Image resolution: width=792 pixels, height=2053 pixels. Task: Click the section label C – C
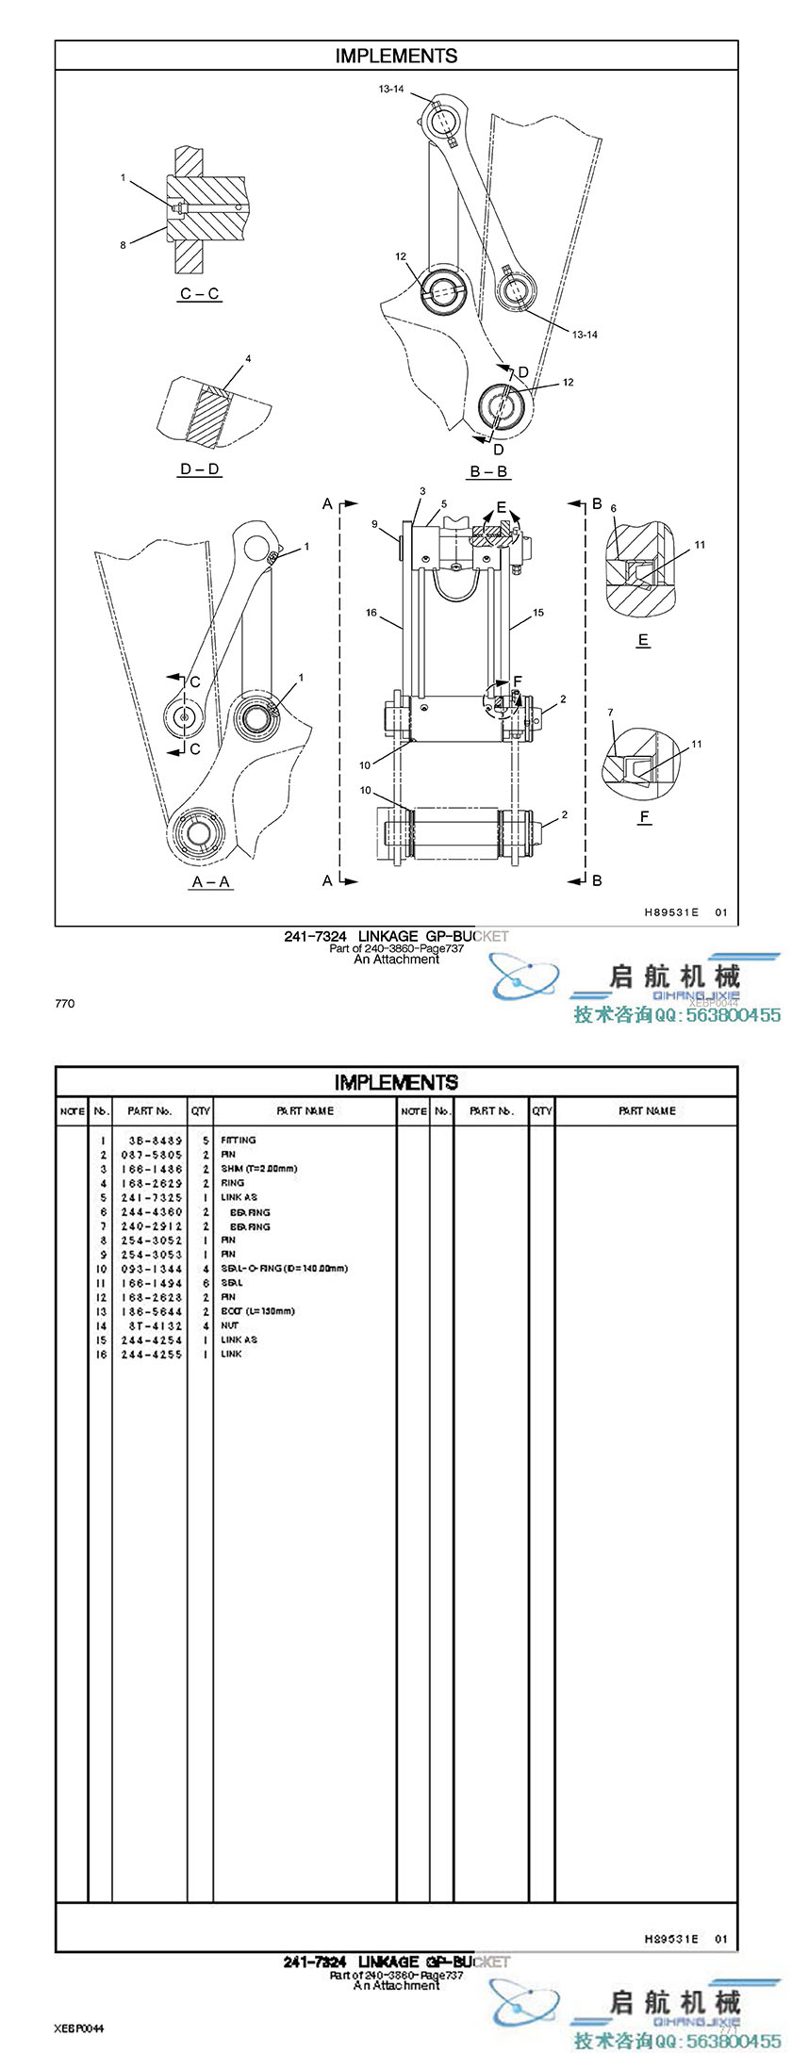tap(200, 294)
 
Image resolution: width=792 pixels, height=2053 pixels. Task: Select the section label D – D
tap(200, 468)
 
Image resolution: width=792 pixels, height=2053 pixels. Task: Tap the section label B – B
tap(488, 471)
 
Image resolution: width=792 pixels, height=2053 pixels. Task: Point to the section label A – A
tap(211, 882)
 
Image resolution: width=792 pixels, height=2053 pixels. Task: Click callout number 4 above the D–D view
tap(248, 359)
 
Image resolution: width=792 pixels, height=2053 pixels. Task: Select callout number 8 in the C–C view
tap(123, 245)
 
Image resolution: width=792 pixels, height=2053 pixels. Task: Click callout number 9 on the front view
tap(374, 524)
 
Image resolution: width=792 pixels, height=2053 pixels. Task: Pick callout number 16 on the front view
tap(371, 613)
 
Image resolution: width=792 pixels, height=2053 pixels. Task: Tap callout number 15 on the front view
tap(538, 613)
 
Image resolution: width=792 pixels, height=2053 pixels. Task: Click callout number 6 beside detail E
tap(614, 508)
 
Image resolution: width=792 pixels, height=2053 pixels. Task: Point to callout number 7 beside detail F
tap(610, 713)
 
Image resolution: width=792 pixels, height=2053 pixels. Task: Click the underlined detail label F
tap(645, 816)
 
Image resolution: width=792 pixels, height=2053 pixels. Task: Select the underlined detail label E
tap(643, 640)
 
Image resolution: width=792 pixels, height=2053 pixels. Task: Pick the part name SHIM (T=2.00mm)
tap(258, 1169)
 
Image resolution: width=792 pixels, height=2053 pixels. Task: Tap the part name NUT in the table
tap(229, 1325)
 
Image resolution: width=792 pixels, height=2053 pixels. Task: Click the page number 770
tap(64, 1004)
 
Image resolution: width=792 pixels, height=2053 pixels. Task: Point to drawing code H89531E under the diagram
tap(671, 912)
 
